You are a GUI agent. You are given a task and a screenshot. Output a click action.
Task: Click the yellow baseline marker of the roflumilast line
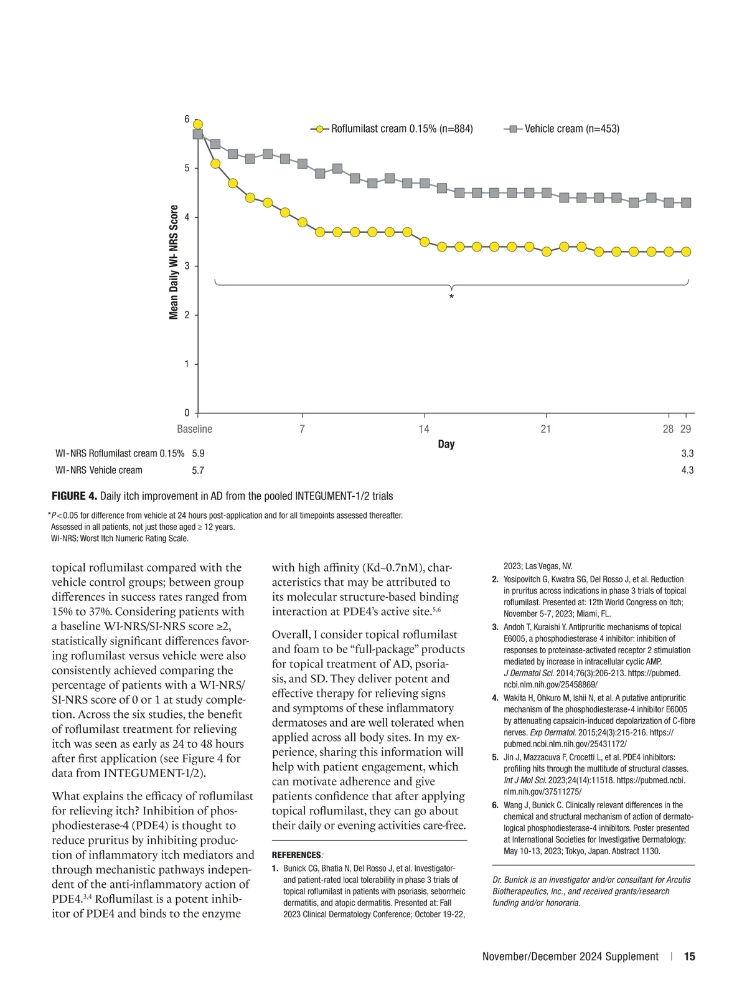(x=198, y=125)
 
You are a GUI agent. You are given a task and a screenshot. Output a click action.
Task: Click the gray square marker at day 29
(x=686, y=202)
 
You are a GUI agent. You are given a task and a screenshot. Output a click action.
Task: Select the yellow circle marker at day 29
(x=686, y=252)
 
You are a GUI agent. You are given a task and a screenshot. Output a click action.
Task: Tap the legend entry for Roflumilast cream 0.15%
(x=401, y=129)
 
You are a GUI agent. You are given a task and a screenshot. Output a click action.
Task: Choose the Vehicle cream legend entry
(x=571, y=129)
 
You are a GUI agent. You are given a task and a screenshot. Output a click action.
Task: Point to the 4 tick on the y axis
(x=187, y=217)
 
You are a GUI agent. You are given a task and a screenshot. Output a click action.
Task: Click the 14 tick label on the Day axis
(x=424, y=429)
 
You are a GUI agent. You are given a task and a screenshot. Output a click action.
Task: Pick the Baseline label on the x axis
(x=194, y=429)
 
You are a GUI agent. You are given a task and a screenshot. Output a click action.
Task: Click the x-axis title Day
(x=446, y=444)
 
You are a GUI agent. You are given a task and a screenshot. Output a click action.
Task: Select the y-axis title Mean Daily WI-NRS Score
(x=174, y=262)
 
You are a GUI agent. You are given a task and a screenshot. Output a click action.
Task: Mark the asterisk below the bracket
(x=451, y=298)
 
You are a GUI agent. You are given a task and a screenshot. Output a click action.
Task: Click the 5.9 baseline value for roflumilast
(x=198, y=453)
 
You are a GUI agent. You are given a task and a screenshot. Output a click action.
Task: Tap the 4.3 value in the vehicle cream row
(x=687, y=470)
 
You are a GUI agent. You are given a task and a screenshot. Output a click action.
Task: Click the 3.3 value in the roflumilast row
(x=687, y=453)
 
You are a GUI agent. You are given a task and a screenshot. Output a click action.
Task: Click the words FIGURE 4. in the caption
(x=74, y=496)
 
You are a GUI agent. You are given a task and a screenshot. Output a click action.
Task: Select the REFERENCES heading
(x=296, y=855)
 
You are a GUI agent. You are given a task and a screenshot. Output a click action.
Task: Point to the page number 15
(x=689, y=956)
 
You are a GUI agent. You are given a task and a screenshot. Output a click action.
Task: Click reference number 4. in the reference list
(x=495, y=698)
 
